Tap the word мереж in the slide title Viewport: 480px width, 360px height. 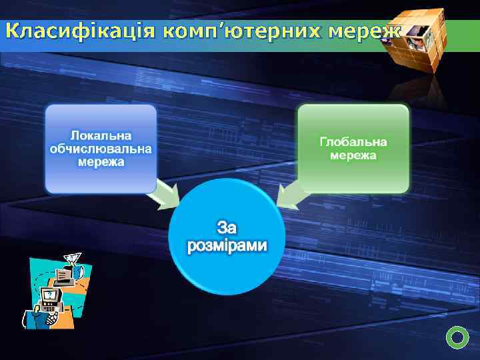tap(366, 31)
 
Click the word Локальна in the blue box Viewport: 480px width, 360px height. tap(101, 135)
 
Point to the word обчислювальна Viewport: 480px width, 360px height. tap(101, 148)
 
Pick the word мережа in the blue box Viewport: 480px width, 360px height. tap(101, 161)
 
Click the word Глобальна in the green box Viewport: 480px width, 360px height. tap(353, 142)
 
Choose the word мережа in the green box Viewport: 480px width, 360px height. tap(353, 155)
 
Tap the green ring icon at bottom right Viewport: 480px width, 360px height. tap(457, 338)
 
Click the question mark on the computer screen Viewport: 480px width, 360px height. tap(49, 294)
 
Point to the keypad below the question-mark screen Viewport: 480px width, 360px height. tap(49, 309)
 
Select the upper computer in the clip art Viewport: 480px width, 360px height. tap(66, 274)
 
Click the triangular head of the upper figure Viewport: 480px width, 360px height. tap(72, 255)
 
